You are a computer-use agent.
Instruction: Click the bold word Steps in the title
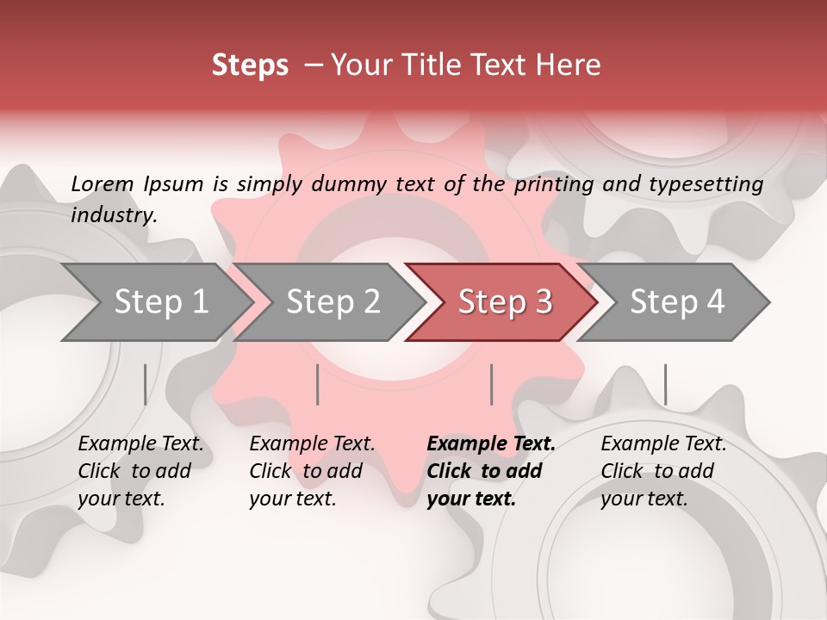(x=250, y=65)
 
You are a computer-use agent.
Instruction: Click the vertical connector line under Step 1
(x=145, y=384)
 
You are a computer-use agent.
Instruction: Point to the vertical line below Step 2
(x=318, y=384)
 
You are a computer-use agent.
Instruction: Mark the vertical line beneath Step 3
(x=491, y=384)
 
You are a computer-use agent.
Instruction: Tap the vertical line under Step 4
(x=665, y=384)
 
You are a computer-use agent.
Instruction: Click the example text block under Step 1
(x=140, y=471)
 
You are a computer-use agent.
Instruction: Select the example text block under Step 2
(x=312, y=471)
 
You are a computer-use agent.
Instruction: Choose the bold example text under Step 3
(x=491, y=471)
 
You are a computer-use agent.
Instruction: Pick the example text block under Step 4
(x=663, y=471)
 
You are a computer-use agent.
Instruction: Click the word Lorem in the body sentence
(x=103, y=184)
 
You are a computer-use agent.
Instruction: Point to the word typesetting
(x=705, y=184)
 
